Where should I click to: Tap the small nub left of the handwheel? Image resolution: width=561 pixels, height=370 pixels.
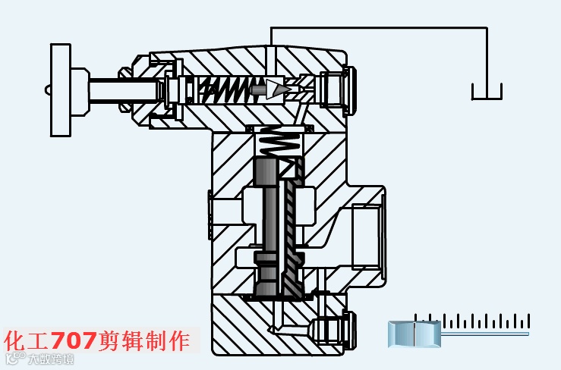click(x=48, y=89)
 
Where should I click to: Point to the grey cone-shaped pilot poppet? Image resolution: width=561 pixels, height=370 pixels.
click(x=274, y=89)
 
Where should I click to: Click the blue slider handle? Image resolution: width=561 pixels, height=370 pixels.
click(x=414, y=333)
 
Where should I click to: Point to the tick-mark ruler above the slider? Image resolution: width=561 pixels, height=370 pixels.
click(x=471, y=321)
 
